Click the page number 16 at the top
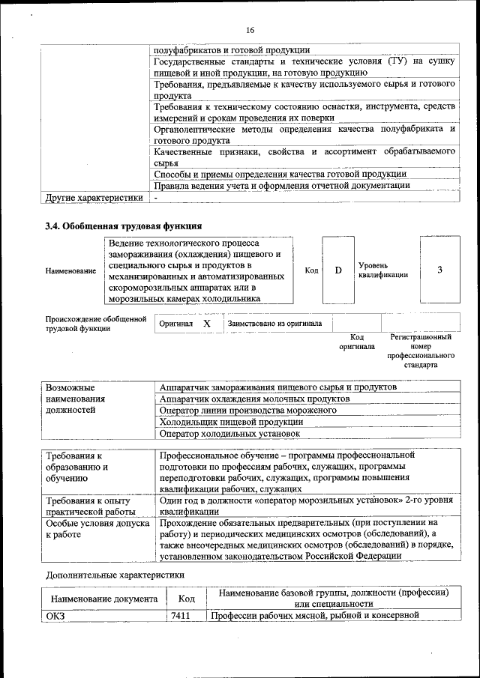[x=249, y=30]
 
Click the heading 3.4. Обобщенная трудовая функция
[x=124, y=226]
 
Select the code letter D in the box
[x=338, y=270]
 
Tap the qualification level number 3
[x=439, y=270]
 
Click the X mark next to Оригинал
[x=207, y=324]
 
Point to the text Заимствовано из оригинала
[x=274, y=324]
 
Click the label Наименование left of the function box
[x=70, y=270]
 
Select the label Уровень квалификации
[x=383, y=270]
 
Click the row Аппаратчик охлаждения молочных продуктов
[x=255, y=399]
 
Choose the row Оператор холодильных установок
[x=230, y=433]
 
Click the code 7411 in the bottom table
[x=180, y=616]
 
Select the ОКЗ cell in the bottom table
[x=57, y=616]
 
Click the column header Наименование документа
[x=104, y=599]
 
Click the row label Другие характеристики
[x=94, y=198]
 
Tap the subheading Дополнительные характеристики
[x=115, y=575]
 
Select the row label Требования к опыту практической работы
[x=88, y=506]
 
